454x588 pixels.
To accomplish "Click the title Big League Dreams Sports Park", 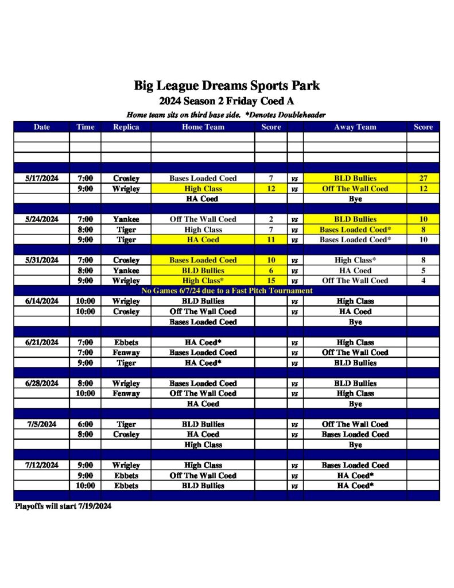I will [x=227, y=86].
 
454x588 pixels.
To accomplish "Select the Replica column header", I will [x=126, y=127].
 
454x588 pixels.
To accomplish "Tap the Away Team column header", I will [x=355, y=127].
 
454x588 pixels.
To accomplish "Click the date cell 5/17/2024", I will [x=42, y=179].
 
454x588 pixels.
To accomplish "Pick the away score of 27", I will [x=423, y=179].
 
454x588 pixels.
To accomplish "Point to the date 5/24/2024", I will [x=42, y=219].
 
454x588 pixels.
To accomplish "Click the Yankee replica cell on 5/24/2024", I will [x=126, y=219].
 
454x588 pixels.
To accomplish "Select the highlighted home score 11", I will [x=271, y=240].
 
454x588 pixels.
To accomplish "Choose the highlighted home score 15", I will [x=271, y=281].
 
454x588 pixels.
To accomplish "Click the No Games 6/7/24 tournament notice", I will [x=227, y=291].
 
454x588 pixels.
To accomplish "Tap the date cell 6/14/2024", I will [x=42, y=301].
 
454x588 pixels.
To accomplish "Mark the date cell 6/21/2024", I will [x=42, y=342].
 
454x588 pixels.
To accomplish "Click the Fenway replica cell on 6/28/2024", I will [x=126, y=394].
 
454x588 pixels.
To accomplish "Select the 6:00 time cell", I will [x=85, y=424].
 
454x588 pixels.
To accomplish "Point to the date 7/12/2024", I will [x=42, y=465].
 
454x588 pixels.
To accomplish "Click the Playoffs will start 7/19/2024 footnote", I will [x=63, y=506].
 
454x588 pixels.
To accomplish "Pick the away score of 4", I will [x=423, y=281].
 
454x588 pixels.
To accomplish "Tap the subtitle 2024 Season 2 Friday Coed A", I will [x=227, y=102].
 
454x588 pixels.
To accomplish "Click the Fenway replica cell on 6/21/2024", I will [x=126, y=353].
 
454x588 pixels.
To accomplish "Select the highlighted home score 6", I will [x=271, y=270].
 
